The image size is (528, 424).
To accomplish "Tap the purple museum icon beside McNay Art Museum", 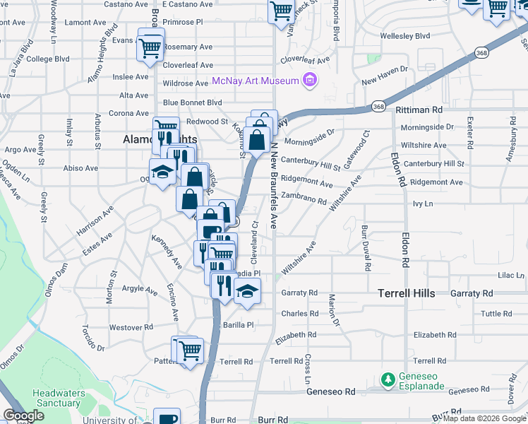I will [308, 81].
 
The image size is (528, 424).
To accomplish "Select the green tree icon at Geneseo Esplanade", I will [388, 380].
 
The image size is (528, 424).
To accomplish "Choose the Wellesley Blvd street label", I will [404, 35].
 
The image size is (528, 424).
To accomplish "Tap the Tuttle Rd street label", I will [497, 314].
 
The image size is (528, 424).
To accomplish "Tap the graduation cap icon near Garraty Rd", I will [247, 290].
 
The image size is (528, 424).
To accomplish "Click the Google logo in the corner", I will [23, 416].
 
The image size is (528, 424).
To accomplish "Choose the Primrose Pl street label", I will [183, 23].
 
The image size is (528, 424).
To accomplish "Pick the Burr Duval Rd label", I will [366, 248].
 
